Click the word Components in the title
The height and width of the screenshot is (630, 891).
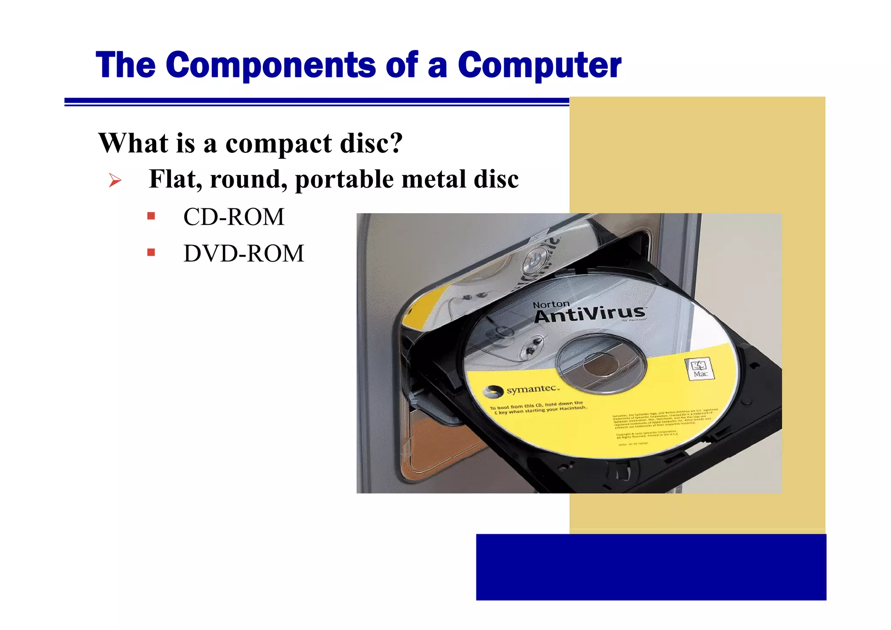(271, 65)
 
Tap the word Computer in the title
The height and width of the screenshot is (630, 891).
(539, 65)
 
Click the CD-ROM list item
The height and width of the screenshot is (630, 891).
(234, 217)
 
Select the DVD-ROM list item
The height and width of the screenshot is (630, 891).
(244, 253)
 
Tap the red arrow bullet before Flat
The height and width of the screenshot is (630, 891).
(115, 180)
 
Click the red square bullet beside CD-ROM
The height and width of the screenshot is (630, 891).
(151, 216)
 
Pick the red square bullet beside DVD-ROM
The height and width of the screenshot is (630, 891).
(151, 252)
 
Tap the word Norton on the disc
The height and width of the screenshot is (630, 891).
(551, 305)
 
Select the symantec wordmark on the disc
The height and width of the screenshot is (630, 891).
(532, 389)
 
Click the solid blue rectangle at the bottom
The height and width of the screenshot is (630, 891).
(651, 567)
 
